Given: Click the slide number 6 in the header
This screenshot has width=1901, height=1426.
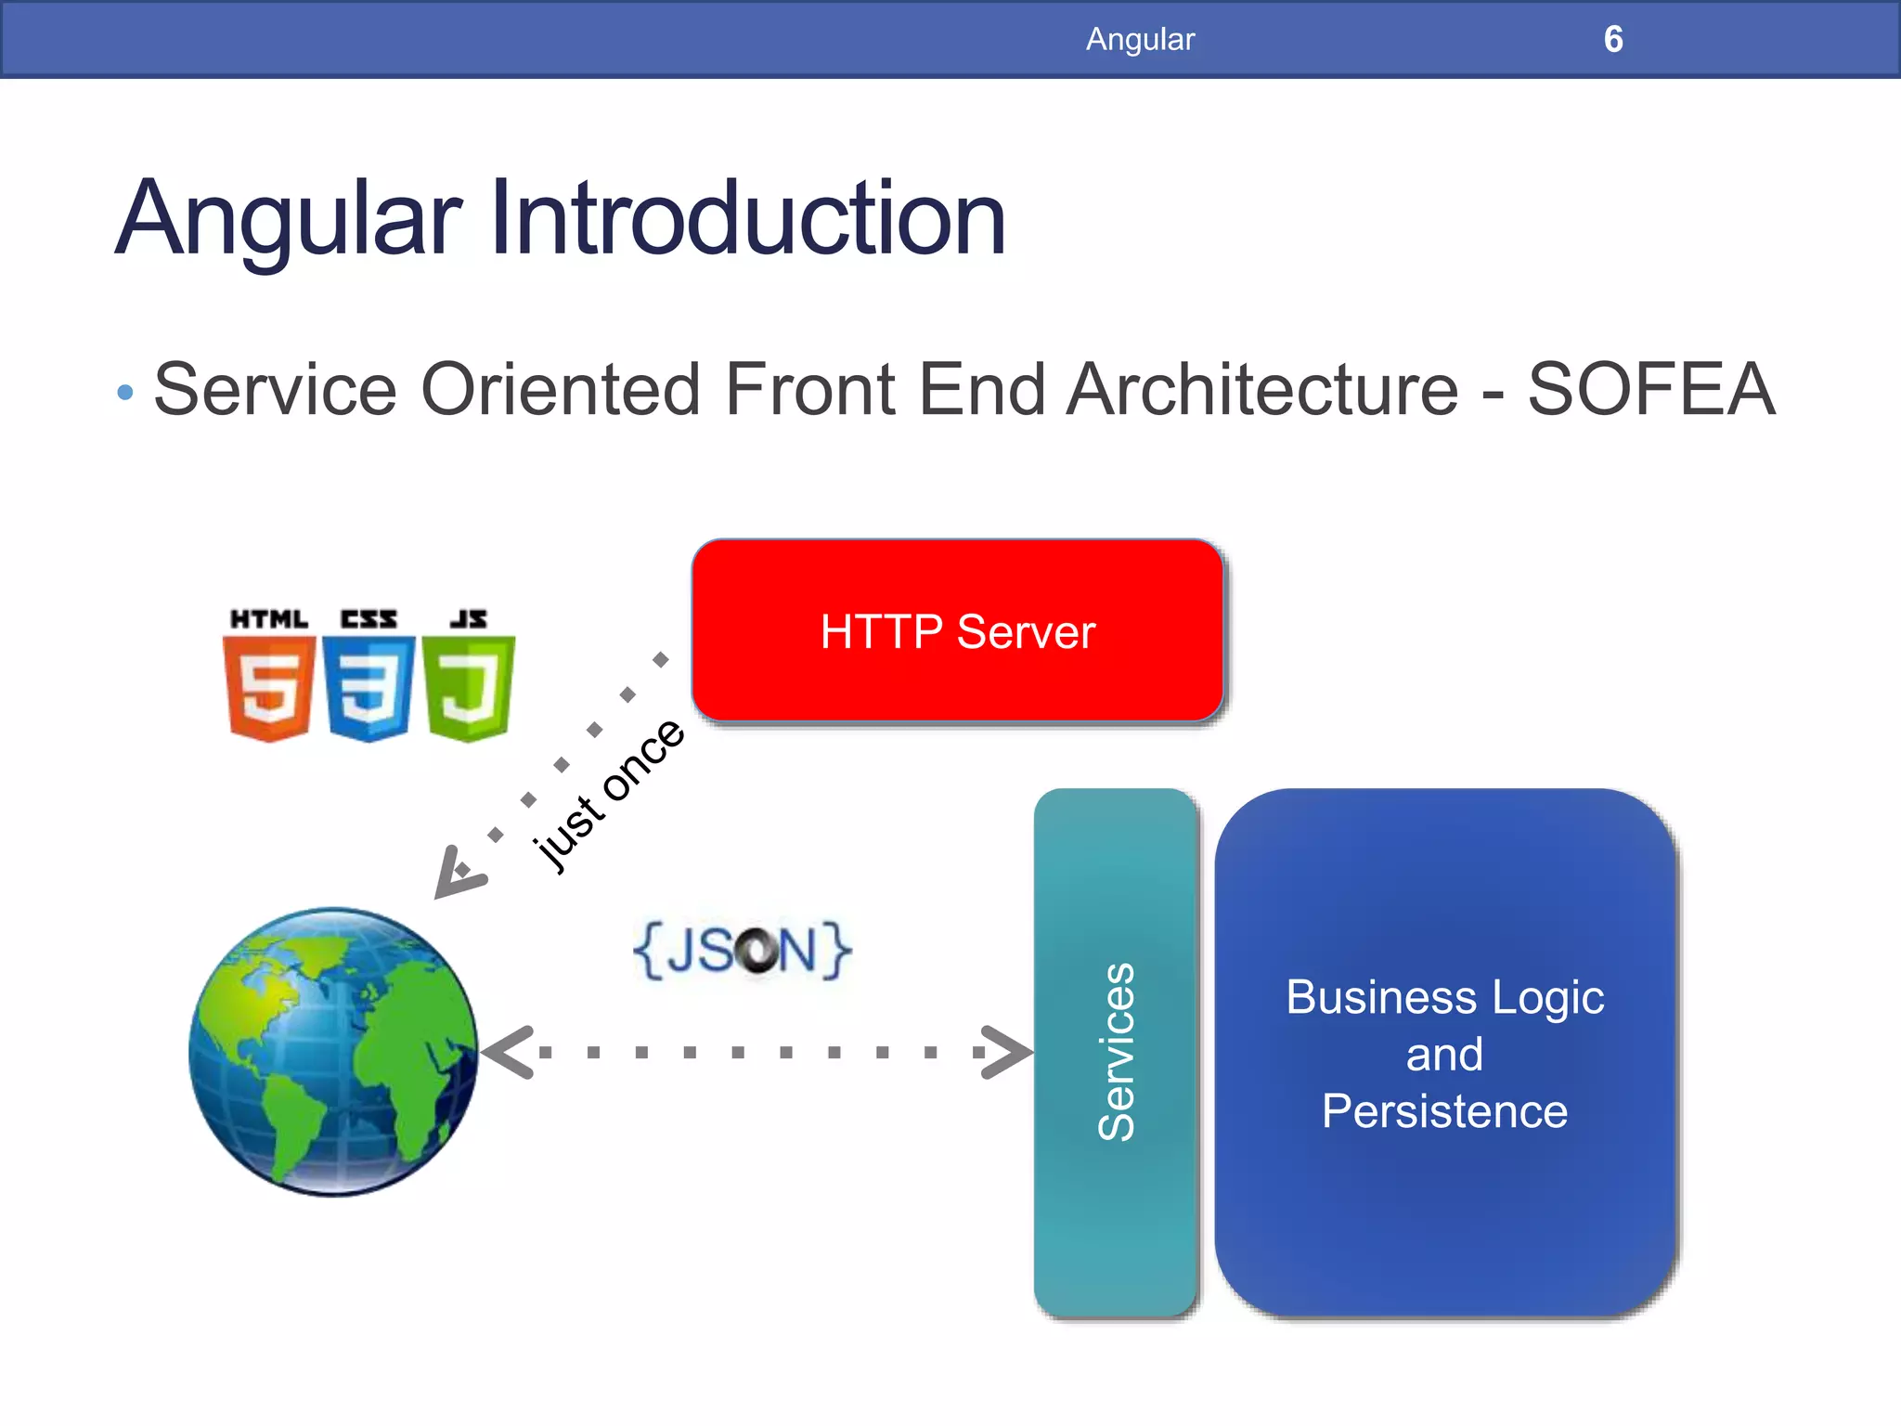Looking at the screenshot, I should click(1612, 39).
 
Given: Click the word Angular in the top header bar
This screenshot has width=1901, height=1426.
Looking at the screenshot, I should click(1140, 39).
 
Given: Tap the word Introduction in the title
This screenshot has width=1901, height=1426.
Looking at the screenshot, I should click(747, 219).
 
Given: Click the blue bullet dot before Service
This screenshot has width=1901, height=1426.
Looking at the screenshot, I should click(125, 393).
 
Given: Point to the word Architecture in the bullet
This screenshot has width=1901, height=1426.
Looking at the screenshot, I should click(1262, 390).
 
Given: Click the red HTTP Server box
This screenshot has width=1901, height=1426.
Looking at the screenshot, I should click(957, 630).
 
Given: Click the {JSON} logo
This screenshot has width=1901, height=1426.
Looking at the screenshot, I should click(742, 950).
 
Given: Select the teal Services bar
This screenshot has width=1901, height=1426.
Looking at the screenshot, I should click(1115, 1052).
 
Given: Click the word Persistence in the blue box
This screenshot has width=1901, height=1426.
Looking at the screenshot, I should click(1444, 1111).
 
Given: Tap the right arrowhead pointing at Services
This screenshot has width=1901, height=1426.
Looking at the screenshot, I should click(1007, 1052).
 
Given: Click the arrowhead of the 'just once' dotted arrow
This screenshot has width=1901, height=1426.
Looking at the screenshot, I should click(456, 873).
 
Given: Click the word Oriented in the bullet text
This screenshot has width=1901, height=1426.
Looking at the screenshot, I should click(560, 390).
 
